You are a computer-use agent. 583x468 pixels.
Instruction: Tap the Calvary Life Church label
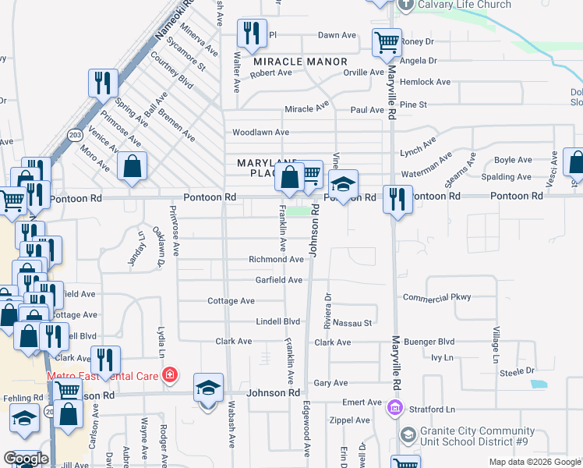pos(465,5)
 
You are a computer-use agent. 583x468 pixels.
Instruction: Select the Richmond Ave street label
pos(276,260)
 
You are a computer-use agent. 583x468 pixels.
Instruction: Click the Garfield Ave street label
pos(279,280)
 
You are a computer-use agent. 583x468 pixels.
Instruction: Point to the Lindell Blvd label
pos(278,321)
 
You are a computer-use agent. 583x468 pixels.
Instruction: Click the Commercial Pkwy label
pos(438,298)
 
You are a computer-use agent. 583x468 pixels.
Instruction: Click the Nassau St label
pos(352,322)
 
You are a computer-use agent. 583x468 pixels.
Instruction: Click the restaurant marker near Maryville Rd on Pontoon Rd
pos(397,200)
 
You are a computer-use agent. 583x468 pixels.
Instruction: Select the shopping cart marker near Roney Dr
pos(387,43)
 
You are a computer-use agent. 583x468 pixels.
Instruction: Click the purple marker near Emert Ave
pos(394,407)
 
